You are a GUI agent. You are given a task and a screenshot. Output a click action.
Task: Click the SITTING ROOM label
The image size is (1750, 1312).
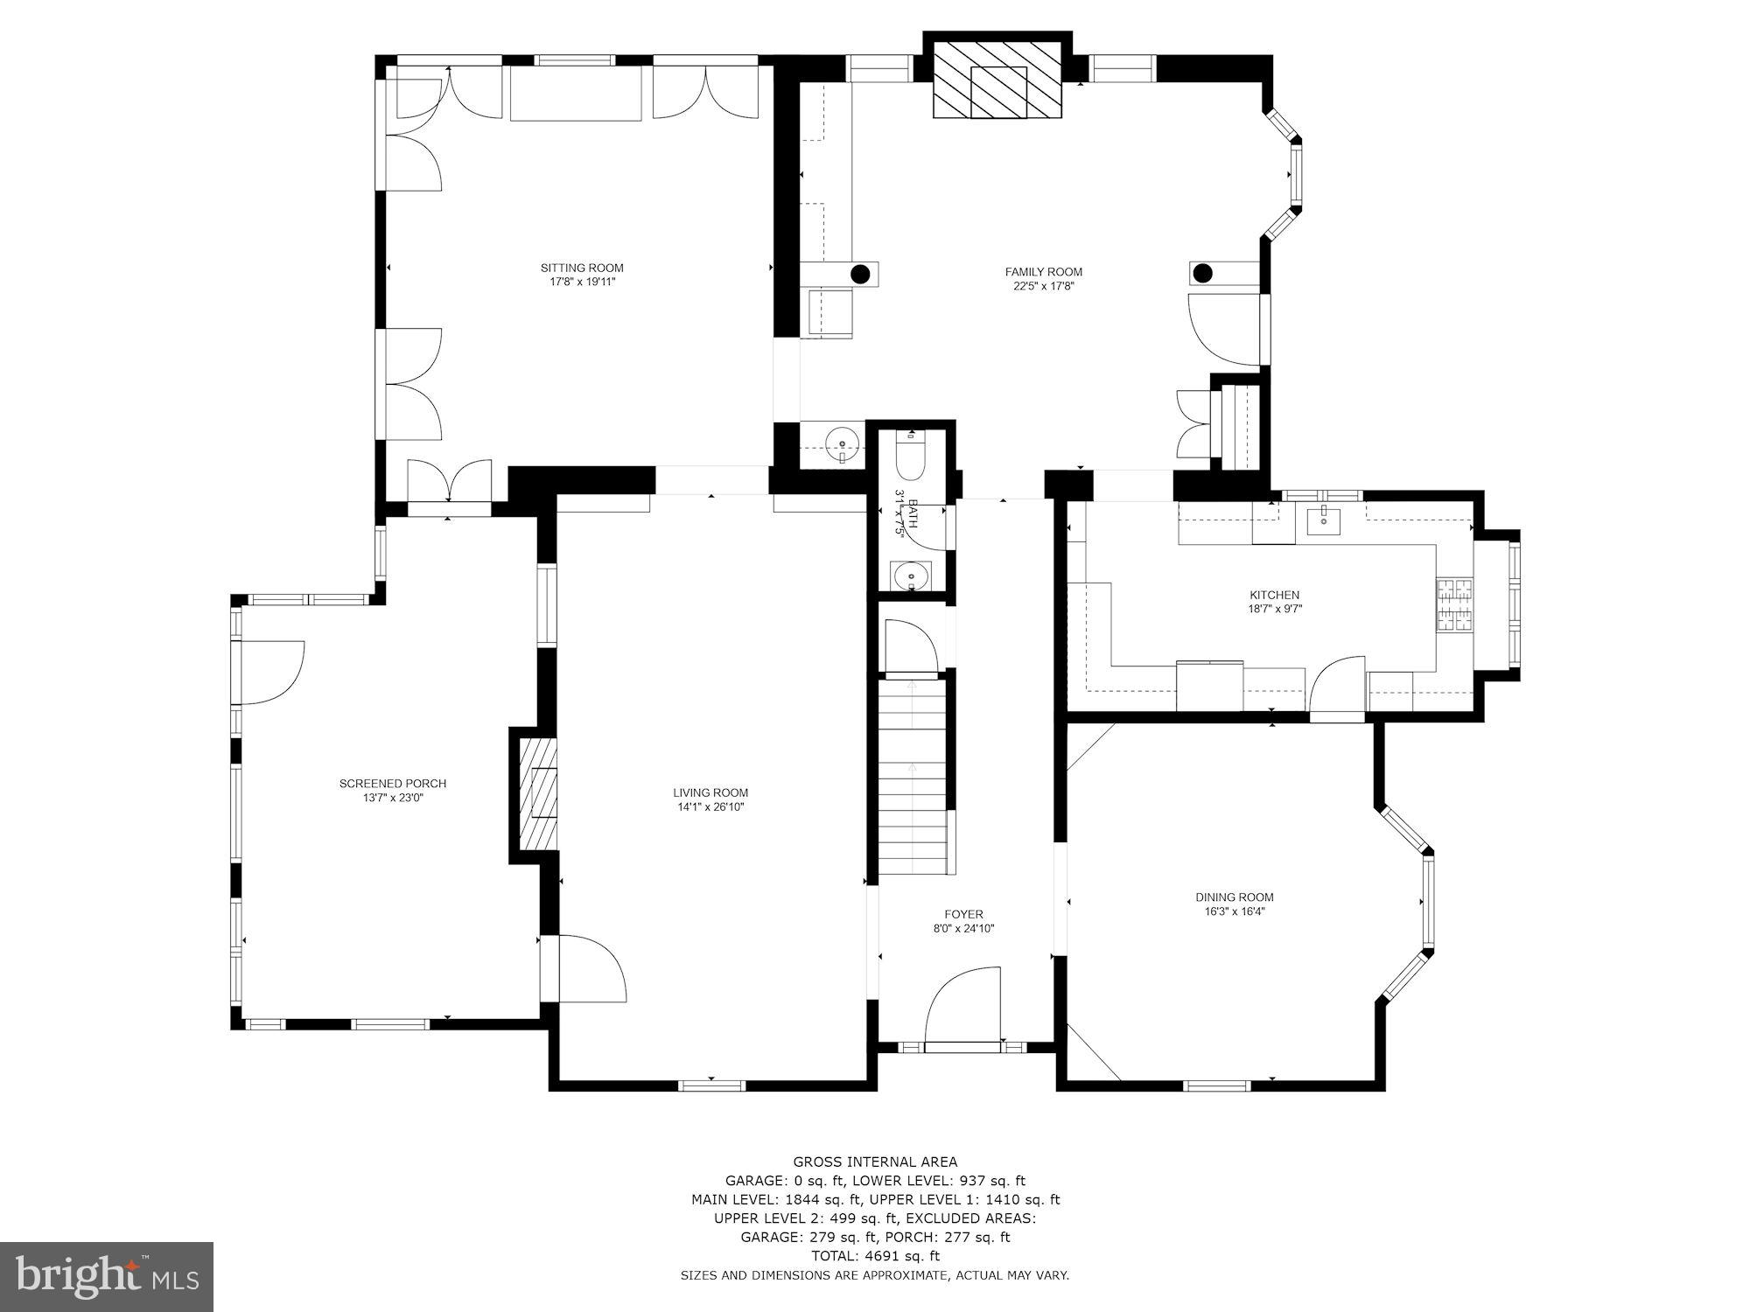[x=582, y=268]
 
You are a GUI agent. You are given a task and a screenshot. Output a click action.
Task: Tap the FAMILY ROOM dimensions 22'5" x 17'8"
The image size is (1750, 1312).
[x=1043, y=285]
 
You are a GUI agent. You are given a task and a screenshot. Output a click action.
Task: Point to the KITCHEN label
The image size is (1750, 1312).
[x=1274, y=595]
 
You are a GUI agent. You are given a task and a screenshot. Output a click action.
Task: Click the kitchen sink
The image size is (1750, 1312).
[x=1323, y=520]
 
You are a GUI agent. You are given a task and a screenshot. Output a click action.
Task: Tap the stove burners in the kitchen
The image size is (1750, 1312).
[x=1454, y=605]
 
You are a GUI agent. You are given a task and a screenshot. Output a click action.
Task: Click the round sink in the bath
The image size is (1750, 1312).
[x=911, y=576]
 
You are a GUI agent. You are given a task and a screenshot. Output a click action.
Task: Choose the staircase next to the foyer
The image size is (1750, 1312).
[x=913, y=778]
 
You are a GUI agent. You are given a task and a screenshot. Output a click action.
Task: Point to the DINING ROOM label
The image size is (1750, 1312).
[x=1234, y=897]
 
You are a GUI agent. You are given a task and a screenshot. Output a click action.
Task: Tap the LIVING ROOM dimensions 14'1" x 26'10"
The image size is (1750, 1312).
[x=710, y=807]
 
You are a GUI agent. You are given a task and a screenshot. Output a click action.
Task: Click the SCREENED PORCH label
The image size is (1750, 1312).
[x=393, y=784]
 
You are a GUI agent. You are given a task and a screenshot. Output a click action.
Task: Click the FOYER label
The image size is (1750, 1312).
[x=963, y=914]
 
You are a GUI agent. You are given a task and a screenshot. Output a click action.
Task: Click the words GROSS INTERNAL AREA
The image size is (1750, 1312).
[x=875, y=1162]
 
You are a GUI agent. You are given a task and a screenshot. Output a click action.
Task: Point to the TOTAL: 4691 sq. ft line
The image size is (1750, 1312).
[x=875, y=1256]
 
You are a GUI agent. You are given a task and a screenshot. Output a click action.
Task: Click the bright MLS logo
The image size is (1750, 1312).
[x=107, y=1277]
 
